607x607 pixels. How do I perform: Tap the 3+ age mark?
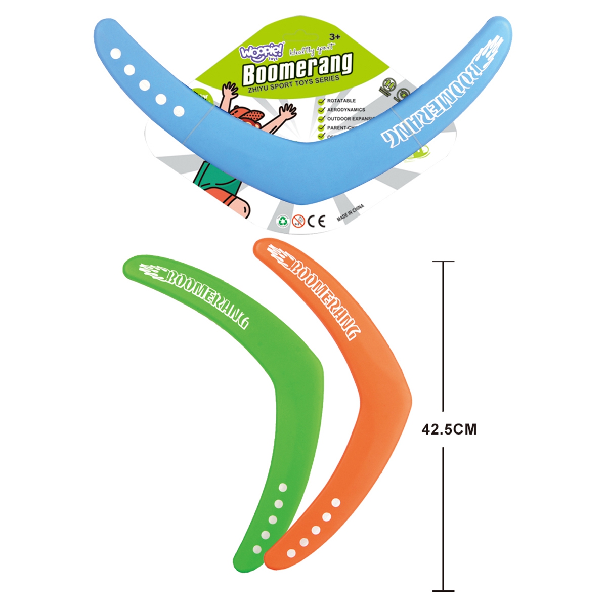(x=335, y=37)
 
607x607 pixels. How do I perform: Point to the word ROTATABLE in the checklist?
(x=341, y=101)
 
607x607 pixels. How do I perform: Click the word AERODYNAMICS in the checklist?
(x=345, y=110)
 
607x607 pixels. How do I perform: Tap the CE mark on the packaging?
(x=317, y=221)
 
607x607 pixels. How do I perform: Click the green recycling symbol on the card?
(x=282, y=221)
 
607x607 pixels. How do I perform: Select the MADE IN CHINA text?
(x=350, y=213)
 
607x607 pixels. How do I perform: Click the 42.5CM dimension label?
(x=449, y=429)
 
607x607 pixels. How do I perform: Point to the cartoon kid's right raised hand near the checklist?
(x=289, y=111)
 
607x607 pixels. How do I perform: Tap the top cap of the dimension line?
(x=444, y=262)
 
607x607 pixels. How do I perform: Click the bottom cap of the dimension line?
(x=444, y=591)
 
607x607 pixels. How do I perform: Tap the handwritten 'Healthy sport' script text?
(x=308, y=50)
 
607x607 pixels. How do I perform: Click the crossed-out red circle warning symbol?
(x=299, y=221)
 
